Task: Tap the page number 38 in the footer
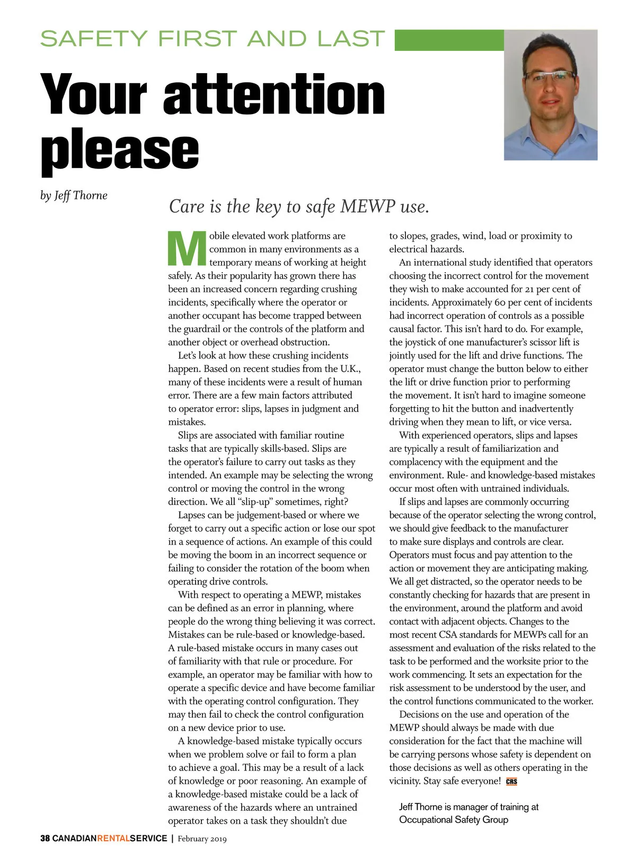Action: (x=45, y=838)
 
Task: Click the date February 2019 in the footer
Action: (x=202, y=838)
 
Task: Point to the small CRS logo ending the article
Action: (x=511, y=781)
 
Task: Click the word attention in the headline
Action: (x=274, y=94)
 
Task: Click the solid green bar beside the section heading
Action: (x=449, y=40)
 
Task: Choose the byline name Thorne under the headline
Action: (x=90, y=196)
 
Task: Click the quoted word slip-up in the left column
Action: (x=256, y=502)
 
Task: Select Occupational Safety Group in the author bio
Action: (x=454, y=820)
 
